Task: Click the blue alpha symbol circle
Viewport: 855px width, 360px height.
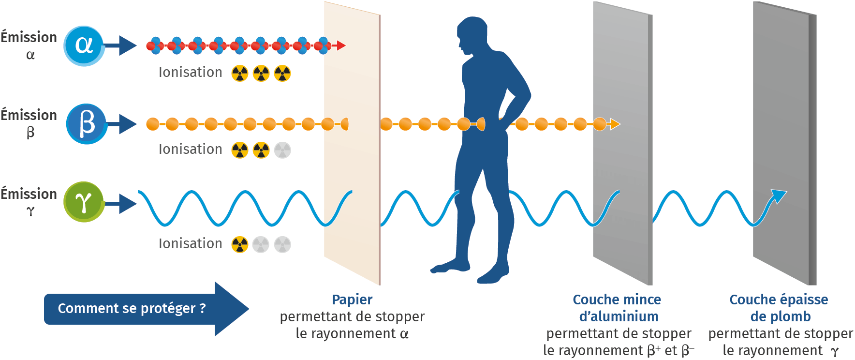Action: pyautogui.click(x=84, y=45)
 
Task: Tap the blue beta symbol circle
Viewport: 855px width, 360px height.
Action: pyautogui.click(x=86, y=124)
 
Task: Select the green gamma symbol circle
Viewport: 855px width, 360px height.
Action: pyautogui.click(x=84, y=202)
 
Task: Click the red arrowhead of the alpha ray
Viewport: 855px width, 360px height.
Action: pyautogui.click(x=341, y=45)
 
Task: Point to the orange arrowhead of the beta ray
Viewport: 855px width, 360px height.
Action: pyautogui.click(x=615, y=124)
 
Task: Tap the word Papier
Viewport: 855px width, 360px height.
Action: pyautogui.click(x=352, y=300)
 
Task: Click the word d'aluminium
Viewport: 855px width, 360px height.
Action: pyautogui.click(x=619, y=316)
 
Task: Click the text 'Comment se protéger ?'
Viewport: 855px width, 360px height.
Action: pyautogui.click(x=132, y=308)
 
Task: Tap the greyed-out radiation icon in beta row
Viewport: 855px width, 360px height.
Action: pyautogui.click(x=282, y=150)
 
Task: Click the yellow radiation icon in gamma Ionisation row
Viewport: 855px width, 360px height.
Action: pyautogui.click(x=240, y=244)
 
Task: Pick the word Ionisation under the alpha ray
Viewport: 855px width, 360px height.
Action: pyautogui.click(x=190, y=73)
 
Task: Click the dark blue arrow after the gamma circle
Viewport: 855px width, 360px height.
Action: pyautogui.click(x=121, y=204)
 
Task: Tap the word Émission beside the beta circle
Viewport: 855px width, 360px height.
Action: pyautogui.click(x=29, y=115)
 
